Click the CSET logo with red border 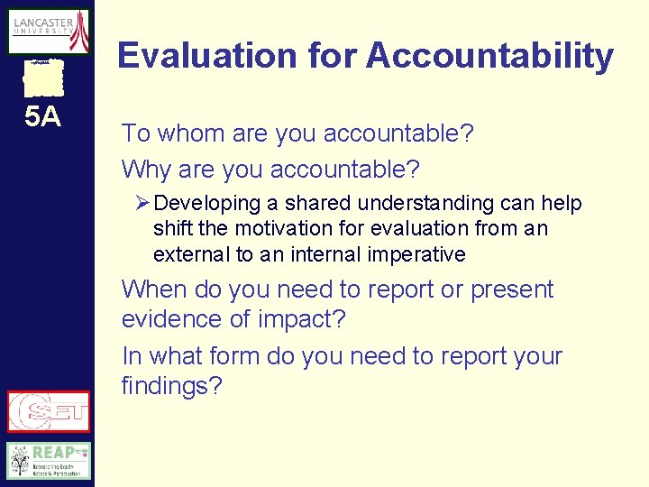tap(49, 411)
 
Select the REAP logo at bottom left tap(49, 461)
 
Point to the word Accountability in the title tap(489, 57)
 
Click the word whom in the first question tap(191, 134)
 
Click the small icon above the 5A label tap(43, 79)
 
